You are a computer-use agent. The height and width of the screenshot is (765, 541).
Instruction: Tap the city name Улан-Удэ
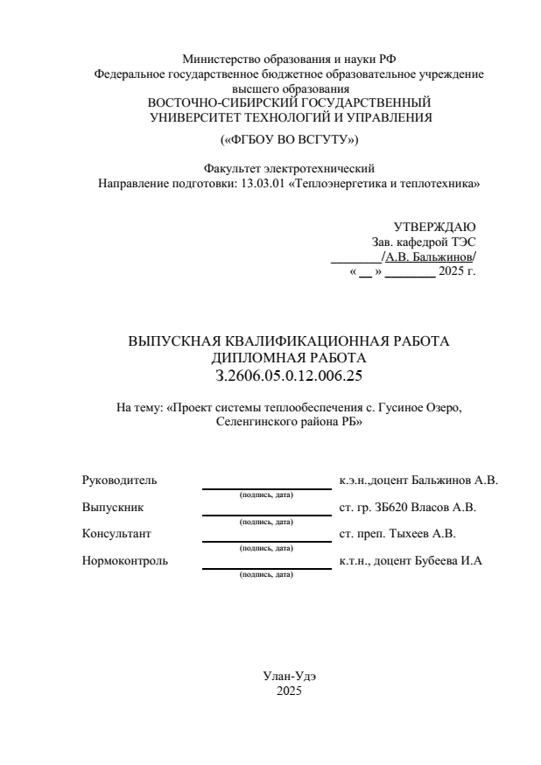tap(288, 677)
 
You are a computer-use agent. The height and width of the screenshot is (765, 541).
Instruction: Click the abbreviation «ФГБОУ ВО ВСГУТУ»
tap(289, 139)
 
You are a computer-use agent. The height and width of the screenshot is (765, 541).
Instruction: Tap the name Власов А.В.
tap(443, 507)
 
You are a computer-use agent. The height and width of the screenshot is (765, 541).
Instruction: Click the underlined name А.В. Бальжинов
tap(428, 256)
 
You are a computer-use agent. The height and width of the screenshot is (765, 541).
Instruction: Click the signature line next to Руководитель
tap(267, 488)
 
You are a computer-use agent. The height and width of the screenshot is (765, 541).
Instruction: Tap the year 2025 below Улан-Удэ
tap(288, 691)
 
